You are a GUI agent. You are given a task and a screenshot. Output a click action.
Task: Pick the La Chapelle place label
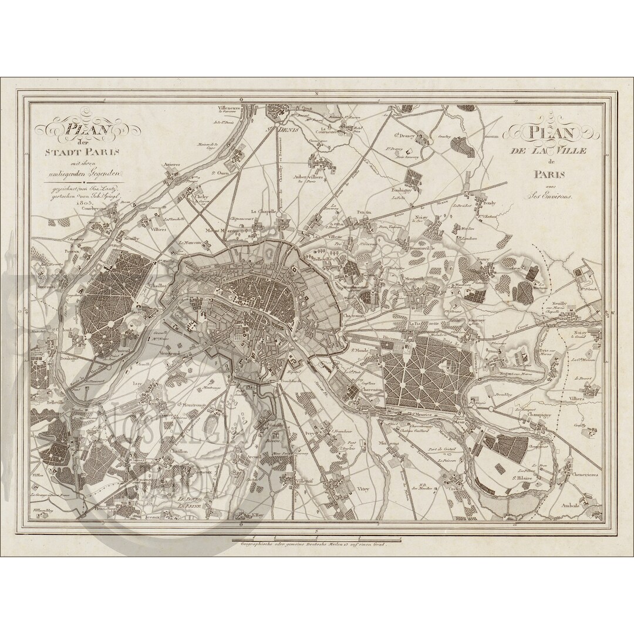(x=262, y=212)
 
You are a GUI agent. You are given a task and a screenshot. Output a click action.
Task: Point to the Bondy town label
(x=488, y=203)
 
